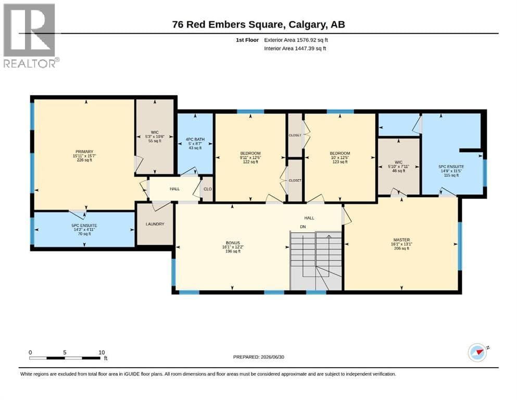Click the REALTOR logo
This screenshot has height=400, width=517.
[x=31, y=35]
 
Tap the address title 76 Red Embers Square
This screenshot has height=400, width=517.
[x=228, y=24]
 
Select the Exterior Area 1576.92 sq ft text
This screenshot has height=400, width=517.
[x=296, y=40]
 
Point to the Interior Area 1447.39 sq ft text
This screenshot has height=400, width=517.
[x=295, y=48]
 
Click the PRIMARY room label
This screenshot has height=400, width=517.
[x=84, y=152]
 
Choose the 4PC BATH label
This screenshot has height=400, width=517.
[x=195, y=139]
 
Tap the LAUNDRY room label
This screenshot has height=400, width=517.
[x=155, y=224]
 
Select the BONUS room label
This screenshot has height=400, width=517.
[x=233, y=243]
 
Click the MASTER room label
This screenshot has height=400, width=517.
[x=401, y=240]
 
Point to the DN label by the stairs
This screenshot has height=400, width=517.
[x=302, y=227]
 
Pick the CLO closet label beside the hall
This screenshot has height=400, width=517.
[x=207, y=189]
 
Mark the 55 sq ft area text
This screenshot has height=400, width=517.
[x=155, y=141]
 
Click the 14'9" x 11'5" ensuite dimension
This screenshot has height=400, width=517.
[x=451, y=171]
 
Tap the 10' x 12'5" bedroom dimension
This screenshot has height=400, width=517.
[x=340, y=157]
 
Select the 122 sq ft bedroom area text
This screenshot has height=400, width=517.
[x=250, y=161]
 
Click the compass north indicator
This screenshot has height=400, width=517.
[x=477, y=352]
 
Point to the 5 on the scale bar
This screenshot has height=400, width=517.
[x=65, y=352]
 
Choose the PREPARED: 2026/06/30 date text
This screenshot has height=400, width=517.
[x=258, y=357]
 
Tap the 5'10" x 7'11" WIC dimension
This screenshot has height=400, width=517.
[x=398, y=167]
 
